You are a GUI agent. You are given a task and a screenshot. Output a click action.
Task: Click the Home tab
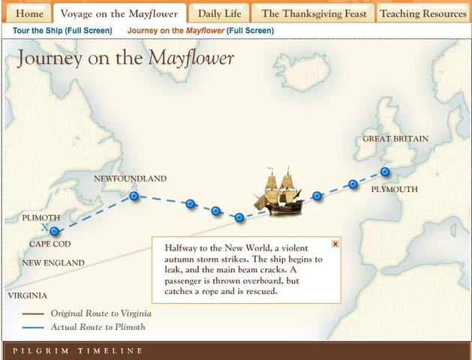click(29, 13)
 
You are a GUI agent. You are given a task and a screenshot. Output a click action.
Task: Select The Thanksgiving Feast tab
click(314, 13)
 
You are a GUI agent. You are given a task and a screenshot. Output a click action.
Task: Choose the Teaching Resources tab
click(422, 13)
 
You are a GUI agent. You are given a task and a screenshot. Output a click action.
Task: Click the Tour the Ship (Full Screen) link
click(62, 31)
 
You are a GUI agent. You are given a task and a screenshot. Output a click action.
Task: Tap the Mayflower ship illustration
click(278, 192)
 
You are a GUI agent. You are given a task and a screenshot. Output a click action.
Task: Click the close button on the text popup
click(335, 244)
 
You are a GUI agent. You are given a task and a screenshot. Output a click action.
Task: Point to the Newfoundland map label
click(130, 178)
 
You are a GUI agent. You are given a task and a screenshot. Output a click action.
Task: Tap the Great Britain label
click(395, 139)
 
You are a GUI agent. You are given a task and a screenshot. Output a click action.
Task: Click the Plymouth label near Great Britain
click(394, 190)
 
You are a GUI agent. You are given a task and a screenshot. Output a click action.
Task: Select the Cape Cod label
click(50, 244)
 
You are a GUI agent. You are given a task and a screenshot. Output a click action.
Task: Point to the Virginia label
click(27, 295)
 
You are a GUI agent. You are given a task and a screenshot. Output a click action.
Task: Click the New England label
click(53, 262)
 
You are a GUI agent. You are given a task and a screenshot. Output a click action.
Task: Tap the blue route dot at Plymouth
click(385, 172)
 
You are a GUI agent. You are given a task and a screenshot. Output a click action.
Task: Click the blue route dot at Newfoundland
click(134, 196)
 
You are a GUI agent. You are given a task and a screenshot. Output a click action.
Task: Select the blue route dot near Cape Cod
click(54, 232)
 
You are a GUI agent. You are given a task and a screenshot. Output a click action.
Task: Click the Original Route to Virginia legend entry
click(99, 313)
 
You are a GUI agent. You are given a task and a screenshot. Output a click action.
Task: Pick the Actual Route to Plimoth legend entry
click(98, 327)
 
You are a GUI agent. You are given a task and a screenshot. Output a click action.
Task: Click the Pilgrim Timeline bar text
click(77, 351)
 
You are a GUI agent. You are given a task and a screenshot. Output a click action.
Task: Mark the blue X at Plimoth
click(45, 226)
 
